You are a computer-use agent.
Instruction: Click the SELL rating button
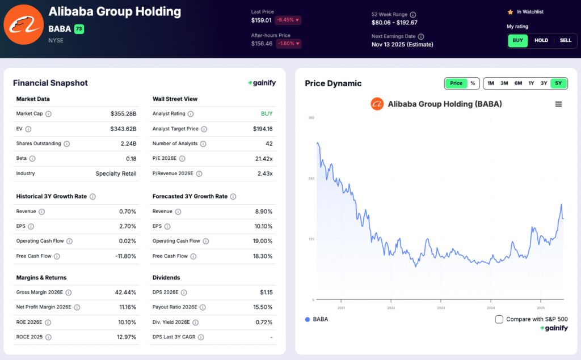(566, 40)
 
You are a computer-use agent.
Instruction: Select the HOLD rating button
(541, 40)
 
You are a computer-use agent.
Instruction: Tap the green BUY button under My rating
(518, 40)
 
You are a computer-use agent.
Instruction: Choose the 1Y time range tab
(531, 83)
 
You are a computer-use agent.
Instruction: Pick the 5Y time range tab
(558, 83)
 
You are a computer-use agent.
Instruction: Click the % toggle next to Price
(473, 83)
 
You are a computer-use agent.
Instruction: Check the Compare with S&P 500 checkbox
(499, 319)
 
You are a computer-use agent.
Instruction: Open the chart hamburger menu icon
(558, 104)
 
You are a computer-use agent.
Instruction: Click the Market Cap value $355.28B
(124, 114)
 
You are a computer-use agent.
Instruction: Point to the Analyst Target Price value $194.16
(263, 129)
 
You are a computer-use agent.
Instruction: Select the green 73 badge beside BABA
(79, 29)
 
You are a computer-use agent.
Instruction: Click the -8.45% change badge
(288, 20)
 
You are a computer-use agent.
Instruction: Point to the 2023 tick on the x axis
(441, 308)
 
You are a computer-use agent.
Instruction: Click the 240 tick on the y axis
(311, 179)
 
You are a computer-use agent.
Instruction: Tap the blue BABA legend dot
(308, 319)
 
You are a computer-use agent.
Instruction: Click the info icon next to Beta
(32, 159)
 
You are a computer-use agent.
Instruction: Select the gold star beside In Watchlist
(510, 11)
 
